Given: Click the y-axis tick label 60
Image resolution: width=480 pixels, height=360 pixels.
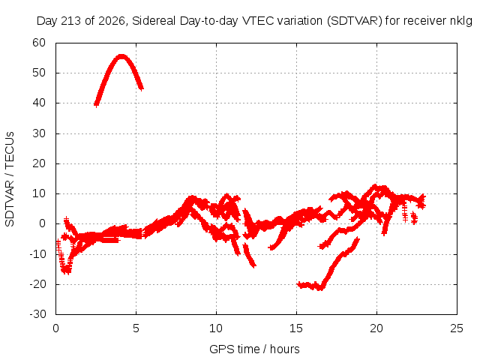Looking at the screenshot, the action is point(39,43).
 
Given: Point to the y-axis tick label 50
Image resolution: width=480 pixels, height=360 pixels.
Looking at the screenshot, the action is point(39,73).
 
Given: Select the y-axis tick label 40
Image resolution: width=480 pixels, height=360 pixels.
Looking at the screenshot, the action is point(39,103).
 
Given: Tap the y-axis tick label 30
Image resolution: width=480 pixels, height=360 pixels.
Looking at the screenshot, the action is point(39,133).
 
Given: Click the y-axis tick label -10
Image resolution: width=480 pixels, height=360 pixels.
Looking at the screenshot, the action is point(37,253).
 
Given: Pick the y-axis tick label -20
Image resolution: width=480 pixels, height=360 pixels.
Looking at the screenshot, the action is point(37,284).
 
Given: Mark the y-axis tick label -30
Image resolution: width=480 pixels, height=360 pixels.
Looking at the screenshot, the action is point(37,314).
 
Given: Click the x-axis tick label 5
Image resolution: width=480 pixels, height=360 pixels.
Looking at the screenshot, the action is point(136,328).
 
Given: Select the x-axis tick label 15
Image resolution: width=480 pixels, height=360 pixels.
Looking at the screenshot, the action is point(296,328).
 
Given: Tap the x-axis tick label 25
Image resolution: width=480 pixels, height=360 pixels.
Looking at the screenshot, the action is point(457,328).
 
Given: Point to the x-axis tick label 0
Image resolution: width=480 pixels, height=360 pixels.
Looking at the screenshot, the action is point(55,328).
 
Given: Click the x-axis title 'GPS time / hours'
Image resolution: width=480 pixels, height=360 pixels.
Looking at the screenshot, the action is point(254,349).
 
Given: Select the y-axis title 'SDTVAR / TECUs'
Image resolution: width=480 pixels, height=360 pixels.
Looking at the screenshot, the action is point(10,179).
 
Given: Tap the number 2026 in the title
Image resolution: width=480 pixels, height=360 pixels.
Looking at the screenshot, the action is point(112,21).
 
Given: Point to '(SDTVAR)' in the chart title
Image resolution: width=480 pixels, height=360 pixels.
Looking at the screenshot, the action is point(354,21).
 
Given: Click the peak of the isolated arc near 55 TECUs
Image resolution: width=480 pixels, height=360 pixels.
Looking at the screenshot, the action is point(121,56).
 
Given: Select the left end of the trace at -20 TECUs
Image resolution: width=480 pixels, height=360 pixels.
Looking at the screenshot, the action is point(298,284).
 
